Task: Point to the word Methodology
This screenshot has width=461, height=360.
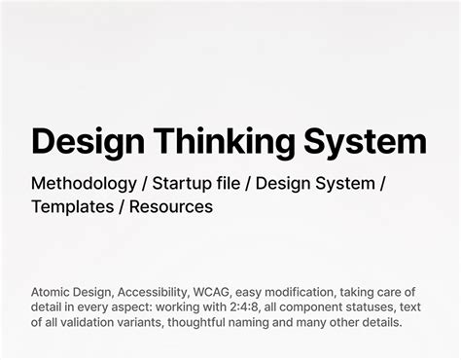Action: pyautogui.click(x=83, y=183)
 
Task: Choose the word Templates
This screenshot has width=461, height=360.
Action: pyautogui.click(x=73, y=206)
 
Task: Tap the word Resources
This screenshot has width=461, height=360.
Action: pyautogui.click(x=171, y=206)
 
